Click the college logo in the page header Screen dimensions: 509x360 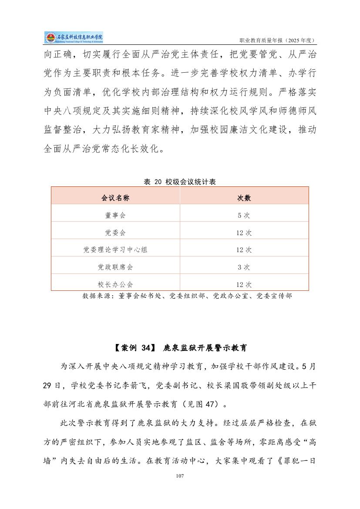pos(74,38)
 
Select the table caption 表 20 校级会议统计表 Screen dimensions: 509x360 pos(180,182)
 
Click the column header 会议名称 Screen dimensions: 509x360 pos(115,198)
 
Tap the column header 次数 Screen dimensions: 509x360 pos(244,198)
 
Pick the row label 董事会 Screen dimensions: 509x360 pos(115,215)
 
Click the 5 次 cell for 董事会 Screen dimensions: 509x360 pos(244,215)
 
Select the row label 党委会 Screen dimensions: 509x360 pos(115,233)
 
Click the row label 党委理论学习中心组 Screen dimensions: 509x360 pos(115,249)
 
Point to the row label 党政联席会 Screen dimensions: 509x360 pos(115,267)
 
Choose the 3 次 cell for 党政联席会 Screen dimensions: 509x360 pos(244,267)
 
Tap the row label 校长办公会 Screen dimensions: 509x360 pos(115,284)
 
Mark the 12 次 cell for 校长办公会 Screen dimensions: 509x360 pos(244,284)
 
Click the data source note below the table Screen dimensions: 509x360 pos(187,296)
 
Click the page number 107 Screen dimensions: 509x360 pos(180,476)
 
